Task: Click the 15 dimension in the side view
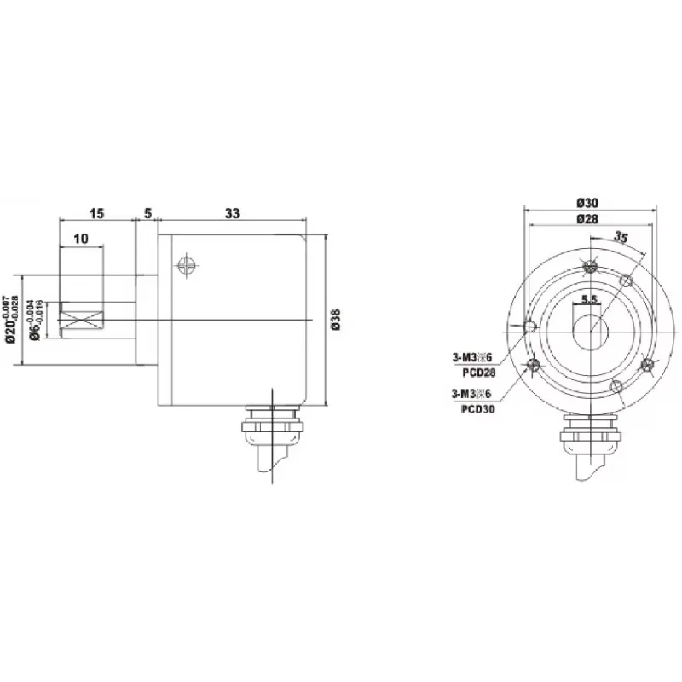click(x=97, y=214)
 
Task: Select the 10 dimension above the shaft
click(x=81, y=240)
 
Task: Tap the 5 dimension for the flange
click(x=147, y=214)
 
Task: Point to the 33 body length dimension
click(x=232, y=214)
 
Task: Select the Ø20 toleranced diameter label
click(x=11, y=318)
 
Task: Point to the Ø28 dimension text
click(x=587, y=219)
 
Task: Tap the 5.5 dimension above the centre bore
click(x=588, y=299)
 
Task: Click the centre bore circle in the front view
click(x=589, y=328)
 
